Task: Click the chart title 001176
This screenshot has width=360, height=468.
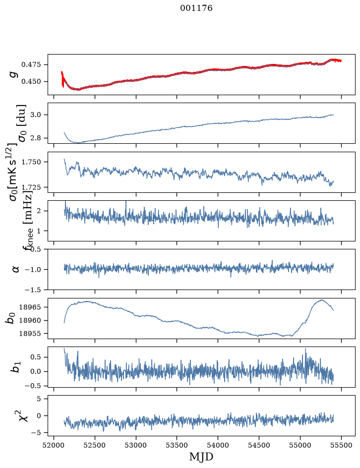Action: pos(196,8)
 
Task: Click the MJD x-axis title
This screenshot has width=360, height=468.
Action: pos(201,457)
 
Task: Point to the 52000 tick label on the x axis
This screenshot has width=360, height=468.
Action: pos(54,445)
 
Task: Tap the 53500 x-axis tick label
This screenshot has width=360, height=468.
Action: pos(177,445)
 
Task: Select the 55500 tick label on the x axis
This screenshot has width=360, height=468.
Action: pos(341,445)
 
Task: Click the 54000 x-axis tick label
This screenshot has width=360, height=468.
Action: pos(218,445)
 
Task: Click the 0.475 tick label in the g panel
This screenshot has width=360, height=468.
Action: pos(31,65)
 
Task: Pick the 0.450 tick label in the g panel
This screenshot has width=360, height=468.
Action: pos(31,81)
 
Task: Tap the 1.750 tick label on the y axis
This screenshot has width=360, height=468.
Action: pos(31,162)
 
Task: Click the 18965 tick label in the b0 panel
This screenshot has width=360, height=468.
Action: pos(30,307)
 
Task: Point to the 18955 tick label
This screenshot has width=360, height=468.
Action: pos(30,334)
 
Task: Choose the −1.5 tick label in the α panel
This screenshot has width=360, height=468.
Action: pos(33,290)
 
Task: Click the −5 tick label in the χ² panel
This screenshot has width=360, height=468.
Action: pos(36,433)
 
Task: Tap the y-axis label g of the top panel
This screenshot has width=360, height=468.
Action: pos(13,75)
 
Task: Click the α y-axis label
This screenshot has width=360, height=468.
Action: pos(15,269)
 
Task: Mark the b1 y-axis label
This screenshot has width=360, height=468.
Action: pos(15,366)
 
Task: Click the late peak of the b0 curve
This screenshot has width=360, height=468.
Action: pos(322,299)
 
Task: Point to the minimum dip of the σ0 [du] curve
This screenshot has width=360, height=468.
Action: pos(78,143)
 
